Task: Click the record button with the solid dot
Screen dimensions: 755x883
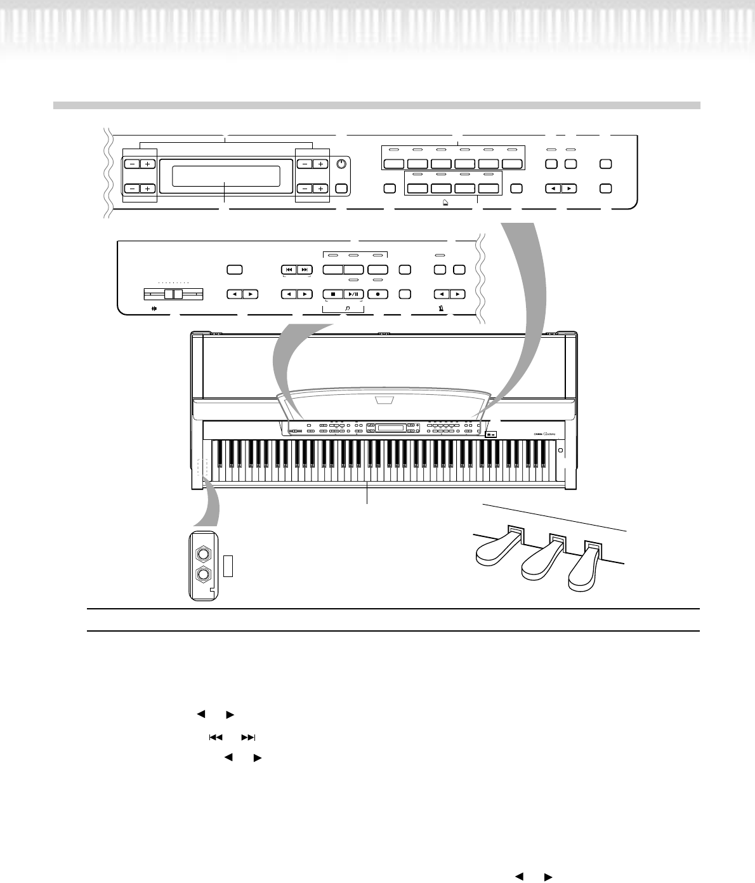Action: pos(378,294)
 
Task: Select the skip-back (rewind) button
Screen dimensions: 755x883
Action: pos(289,269)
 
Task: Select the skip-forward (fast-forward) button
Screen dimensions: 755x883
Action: pos(305,269)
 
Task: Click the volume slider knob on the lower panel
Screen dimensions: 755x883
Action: pos(173,295)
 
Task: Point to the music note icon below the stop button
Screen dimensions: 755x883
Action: pos(346,309)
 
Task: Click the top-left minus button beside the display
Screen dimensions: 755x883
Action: pos(131,164)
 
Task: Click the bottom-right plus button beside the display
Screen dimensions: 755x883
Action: pos(320,189)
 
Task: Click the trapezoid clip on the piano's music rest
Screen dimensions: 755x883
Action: pos(384,400)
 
